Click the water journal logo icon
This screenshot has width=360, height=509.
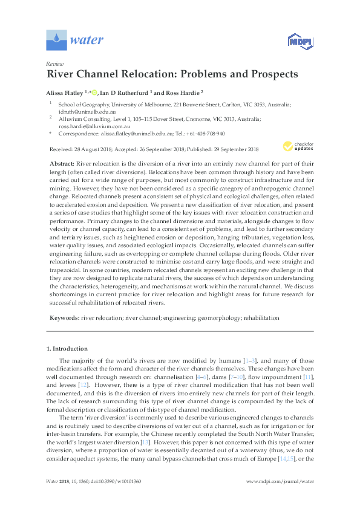[56, 41]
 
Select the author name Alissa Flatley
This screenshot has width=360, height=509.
[67, 92]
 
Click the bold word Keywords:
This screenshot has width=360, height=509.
[63, 317]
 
